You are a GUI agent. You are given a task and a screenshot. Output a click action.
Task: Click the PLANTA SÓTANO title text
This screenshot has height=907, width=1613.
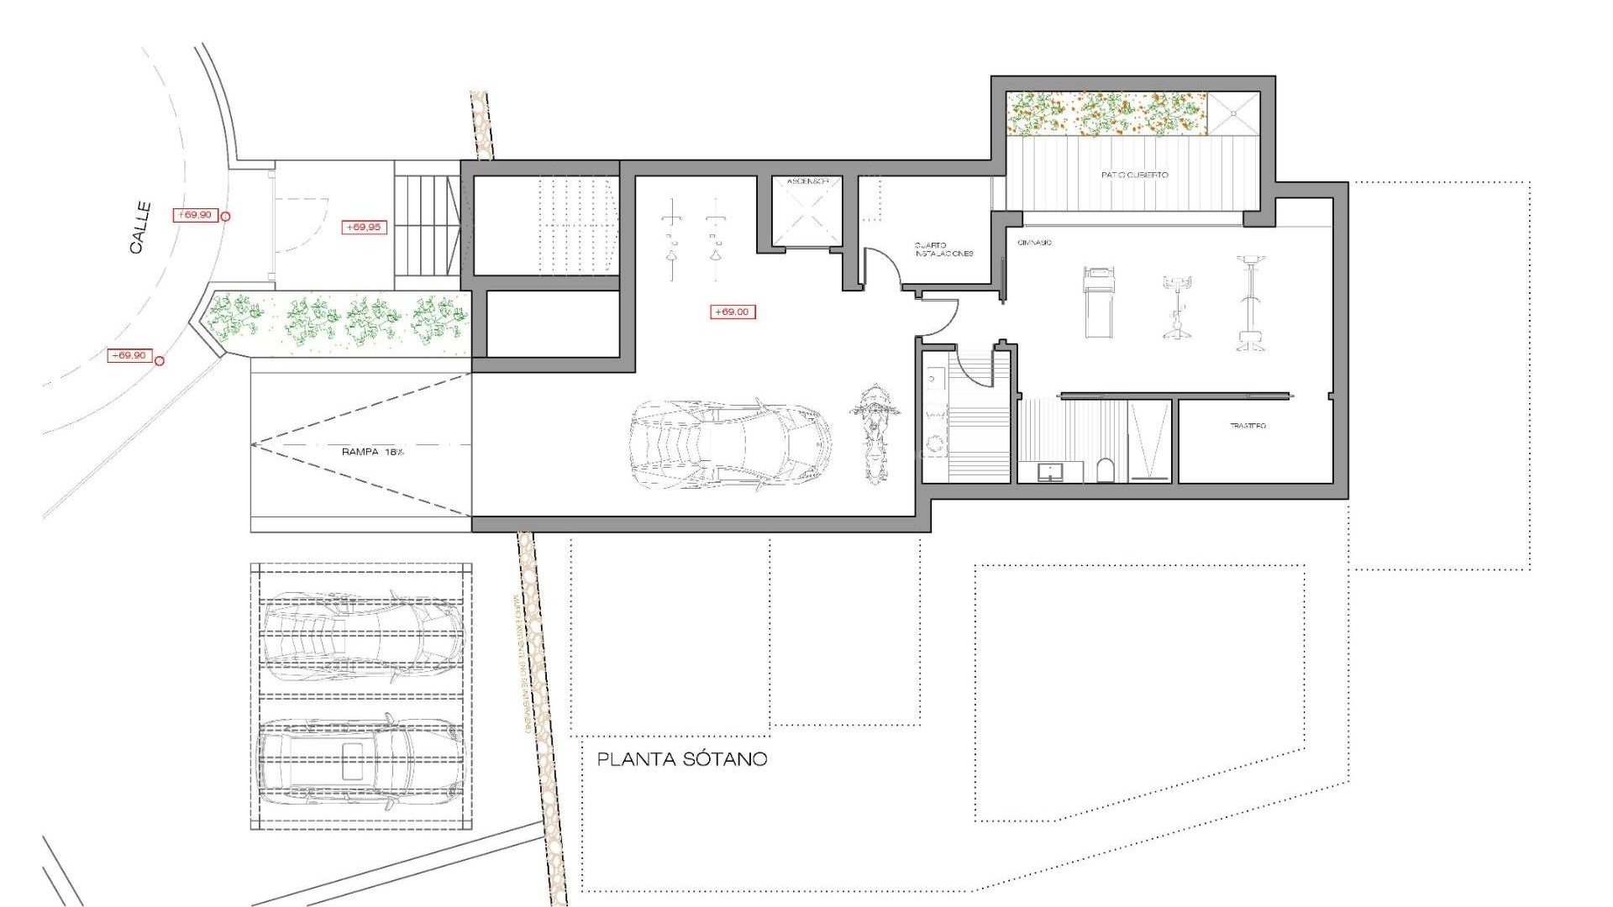pos(681,759)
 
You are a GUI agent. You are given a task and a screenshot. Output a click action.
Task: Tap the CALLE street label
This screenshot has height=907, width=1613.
pos(140,227)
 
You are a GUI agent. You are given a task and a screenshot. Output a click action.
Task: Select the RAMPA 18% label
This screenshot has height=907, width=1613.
pos(372,452)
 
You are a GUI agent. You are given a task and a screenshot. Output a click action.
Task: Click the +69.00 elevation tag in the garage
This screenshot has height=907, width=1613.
pos(733,312)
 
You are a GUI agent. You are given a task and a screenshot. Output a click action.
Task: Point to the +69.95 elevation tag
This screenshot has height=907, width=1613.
pos(363,227)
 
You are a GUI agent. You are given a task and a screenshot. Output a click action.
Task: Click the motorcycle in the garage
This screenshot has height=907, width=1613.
pos(875,433)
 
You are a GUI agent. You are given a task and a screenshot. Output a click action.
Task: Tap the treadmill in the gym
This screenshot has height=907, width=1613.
pos(1098,301)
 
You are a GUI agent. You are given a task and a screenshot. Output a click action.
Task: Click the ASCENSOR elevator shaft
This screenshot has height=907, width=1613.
pos(807,212)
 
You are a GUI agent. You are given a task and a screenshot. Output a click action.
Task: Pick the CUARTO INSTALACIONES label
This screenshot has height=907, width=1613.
pos(943,249)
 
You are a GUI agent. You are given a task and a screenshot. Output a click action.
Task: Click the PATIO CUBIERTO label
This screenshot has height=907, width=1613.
pos(1134,176)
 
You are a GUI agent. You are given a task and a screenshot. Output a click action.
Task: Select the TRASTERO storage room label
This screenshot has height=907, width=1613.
pos(1248,427)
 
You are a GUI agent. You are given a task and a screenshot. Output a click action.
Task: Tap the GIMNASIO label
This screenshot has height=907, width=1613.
pos(1034,243)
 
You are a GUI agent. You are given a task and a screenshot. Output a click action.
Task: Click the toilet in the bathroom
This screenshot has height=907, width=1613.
pos(1106,470)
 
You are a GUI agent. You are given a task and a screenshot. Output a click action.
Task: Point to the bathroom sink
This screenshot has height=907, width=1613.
pos(1049,472)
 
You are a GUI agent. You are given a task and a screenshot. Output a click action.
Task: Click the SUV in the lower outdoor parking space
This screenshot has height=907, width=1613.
pos(360,762)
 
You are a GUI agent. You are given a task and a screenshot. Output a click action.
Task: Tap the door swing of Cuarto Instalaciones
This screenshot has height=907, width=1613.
pos(882,265)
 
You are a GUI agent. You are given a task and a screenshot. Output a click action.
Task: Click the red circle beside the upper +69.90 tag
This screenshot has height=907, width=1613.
pos(224,216)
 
